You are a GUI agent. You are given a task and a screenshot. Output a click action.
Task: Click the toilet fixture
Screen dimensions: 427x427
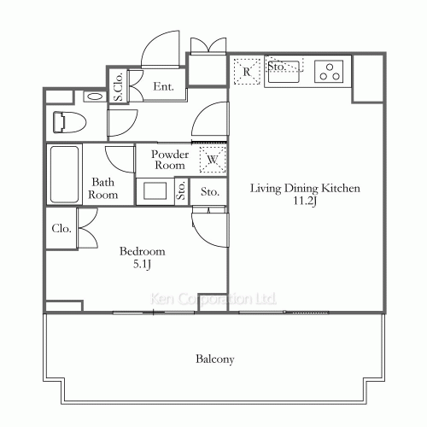click(70, 123)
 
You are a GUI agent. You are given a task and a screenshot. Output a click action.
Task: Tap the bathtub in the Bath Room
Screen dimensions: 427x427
click(64, 174)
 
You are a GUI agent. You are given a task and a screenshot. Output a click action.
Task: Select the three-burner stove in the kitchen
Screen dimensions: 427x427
click(329, 72)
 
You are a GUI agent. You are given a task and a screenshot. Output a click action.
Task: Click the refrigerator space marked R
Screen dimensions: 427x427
click(247, 72)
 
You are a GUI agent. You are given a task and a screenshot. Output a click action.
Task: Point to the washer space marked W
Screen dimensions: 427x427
click(213, 160)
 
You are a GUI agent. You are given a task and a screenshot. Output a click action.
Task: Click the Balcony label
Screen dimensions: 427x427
click(215, 359)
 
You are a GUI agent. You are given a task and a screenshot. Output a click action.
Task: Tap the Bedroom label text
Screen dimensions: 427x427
click(142, 251)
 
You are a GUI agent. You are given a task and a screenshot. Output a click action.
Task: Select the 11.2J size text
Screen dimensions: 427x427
click(305, 201)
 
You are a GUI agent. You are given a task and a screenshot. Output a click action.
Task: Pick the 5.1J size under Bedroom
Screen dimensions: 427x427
click(142, 265)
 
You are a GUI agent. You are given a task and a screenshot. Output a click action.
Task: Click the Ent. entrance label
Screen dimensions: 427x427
click(163, 86)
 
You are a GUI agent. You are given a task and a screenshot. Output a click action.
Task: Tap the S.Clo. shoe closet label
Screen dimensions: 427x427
click(119, 86)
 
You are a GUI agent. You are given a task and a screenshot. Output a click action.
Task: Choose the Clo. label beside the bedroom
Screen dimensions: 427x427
click(61, 228)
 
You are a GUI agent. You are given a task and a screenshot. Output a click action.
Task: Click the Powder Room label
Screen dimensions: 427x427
click(170, 160)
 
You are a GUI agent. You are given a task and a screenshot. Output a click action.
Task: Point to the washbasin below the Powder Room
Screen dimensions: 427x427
click(155, 191)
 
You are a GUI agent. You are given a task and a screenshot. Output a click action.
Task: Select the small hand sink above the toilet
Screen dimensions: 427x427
click(95, 97)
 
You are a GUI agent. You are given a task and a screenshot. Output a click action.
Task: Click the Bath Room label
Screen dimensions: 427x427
click(103, 188)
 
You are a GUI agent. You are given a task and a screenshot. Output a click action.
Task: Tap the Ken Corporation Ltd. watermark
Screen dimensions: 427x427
click(213, 299)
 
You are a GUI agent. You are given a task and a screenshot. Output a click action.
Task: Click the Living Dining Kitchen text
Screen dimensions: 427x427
click(305, 189)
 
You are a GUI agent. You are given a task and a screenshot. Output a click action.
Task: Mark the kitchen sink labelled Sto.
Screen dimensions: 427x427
click(284, 72)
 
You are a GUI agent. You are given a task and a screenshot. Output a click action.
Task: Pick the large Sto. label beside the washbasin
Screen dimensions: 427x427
click(210, 191)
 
